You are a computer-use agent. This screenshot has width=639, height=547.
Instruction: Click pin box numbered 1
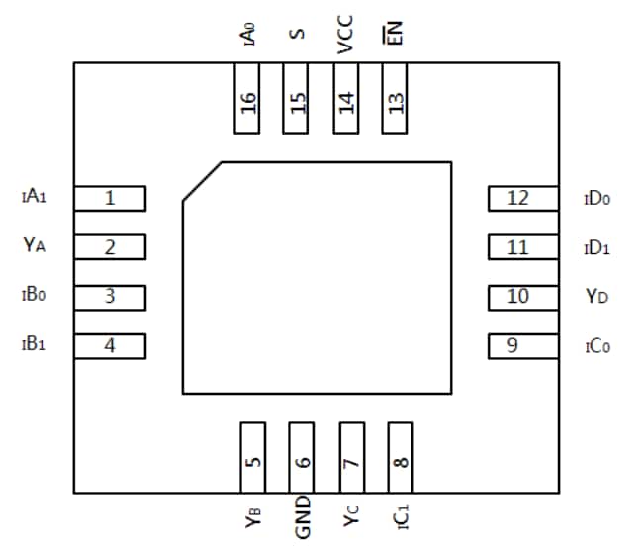pos(110,198)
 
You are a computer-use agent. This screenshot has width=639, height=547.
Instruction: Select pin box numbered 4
pos(110,346)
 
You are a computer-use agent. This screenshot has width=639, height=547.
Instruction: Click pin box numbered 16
pos(247,99)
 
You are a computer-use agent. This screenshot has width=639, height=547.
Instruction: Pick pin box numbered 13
pos(396,99)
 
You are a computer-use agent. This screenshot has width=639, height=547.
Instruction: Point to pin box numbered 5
pos(253,457)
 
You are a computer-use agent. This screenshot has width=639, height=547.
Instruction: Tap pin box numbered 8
pos(401,457)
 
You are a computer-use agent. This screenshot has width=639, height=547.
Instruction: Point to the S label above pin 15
pos(296,36)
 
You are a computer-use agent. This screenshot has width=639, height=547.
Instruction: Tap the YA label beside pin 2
pos(35,244)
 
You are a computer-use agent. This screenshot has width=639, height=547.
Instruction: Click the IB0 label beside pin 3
pos(34,295)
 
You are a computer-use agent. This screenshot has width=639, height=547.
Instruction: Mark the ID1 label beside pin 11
pos(596,247)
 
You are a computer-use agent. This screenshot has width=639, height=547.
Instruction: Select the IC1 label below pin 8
pos(400,513)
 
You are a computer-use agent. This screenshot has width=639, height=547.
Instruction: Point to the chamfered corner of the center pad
pos(201,182)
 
